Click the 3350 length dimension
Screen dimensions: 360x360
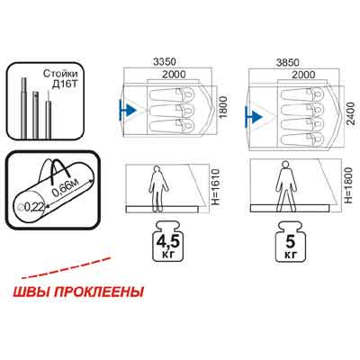(164, 62)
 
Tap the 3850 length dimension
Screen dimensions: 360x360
(288, 62)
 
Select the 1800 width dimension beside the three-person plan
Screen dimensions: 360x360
(224, 108)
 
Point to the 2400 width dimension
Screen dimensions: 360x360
(350, 113)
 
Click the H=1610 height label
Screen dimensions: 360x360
(216, 187)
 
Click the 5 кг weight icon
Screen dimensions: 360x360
(290, 242)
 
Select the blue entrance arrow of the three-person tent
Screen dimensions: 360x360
(128, 110)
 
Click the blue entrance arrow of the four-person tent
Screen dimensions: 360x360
(254, 116)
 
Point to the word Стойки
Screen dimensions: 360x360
(60, 74)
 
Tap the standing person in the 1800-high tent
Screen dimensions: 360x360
(286, 186)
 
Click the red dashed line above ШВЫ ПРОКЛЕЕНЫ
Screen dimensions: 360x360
(67, 267)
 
